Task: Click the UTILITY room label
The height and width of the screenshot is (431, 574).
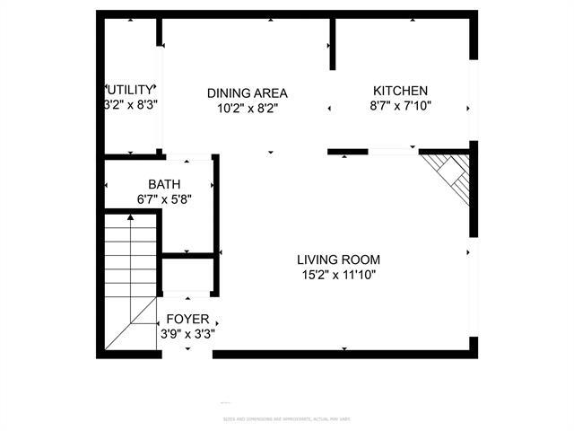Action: pyautogui.click(x=132, y=90)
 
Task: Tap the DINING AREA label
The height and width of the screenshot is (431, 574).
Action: pyautogui.click(x=247, y=92)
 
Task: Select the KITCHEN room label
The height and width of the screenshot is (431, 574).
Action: pyautogui.click(x=400, y=91)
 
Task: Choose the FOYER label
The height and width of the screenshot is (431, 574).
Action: pyautogui.click(x=187, y=319)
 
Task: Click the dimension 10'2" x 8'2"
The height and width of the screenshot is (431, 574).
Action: pyautogui.click(x=247, y=109)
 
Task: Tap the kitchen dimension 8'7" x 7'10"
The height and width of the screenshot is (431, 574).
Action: pyautogui.click(x=400, y=106)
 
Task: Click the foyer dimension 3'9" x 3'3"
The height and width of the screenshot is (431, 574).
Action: pyautogui.click(x=187, y=333)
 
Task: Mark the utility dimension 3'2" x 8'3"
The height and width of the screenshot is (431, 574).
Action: pyautogui.click(x=131, y=104)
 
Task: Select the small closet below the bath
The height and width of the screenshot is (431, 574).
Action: pyautogui.click(x=187, y=274)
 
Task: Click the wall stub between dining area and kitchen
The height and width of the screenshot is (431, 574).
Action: pyautogui.click(x=332, y=45)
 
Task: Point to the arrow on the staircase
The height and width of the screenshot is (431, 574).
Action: pyautogui.click(x=132, y=218)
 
